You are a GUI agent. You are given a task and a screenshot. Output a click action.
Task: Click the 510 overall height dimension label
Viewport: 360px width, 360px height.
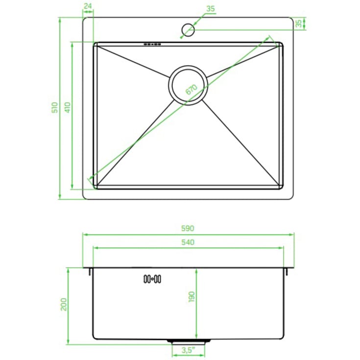pyautogui.click(x=55, y=107)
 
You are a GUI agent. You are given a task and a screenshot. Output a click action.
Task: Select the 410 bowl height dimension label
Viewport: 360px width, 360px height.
pyautogui.click(x=68, y=107)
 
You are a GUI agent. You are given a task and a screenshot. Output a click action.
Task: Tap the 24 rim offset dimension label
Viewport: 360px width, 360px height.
pyautogui.click(x=88, y=6)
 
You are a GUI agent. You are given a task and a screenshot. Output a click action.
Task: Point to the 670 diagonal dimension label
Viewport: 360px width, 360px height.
pyautogui.click(x=191, y=90)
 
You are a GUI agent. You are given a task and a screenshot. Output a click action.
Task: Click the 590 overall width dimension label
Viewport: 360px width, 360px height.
pyautogui.click(x=188, y=228)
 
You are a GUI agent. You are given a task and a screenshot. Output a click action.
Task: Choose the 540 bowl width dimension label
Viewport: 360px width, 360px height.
pyautogui.click(x=188, y=242)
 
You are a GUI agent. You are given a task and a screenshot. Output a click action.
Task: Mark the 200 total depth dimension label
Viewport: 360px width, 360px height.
pyautogui.click(x=63, y=304)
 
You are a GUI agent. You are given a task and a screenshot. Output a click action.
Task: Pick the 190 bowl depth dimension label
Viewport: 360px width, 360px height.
pyautogui.click(x=191, y=297)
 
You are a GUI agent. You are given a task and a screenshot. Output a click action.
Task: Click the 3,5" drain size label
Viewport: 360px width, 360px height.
pyautogui.click(x=188, y=350)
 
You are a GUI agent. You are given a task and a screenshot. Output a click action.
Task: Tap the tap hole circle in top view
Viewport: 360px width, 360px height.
pyautogui.click(x=188, y=30)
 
